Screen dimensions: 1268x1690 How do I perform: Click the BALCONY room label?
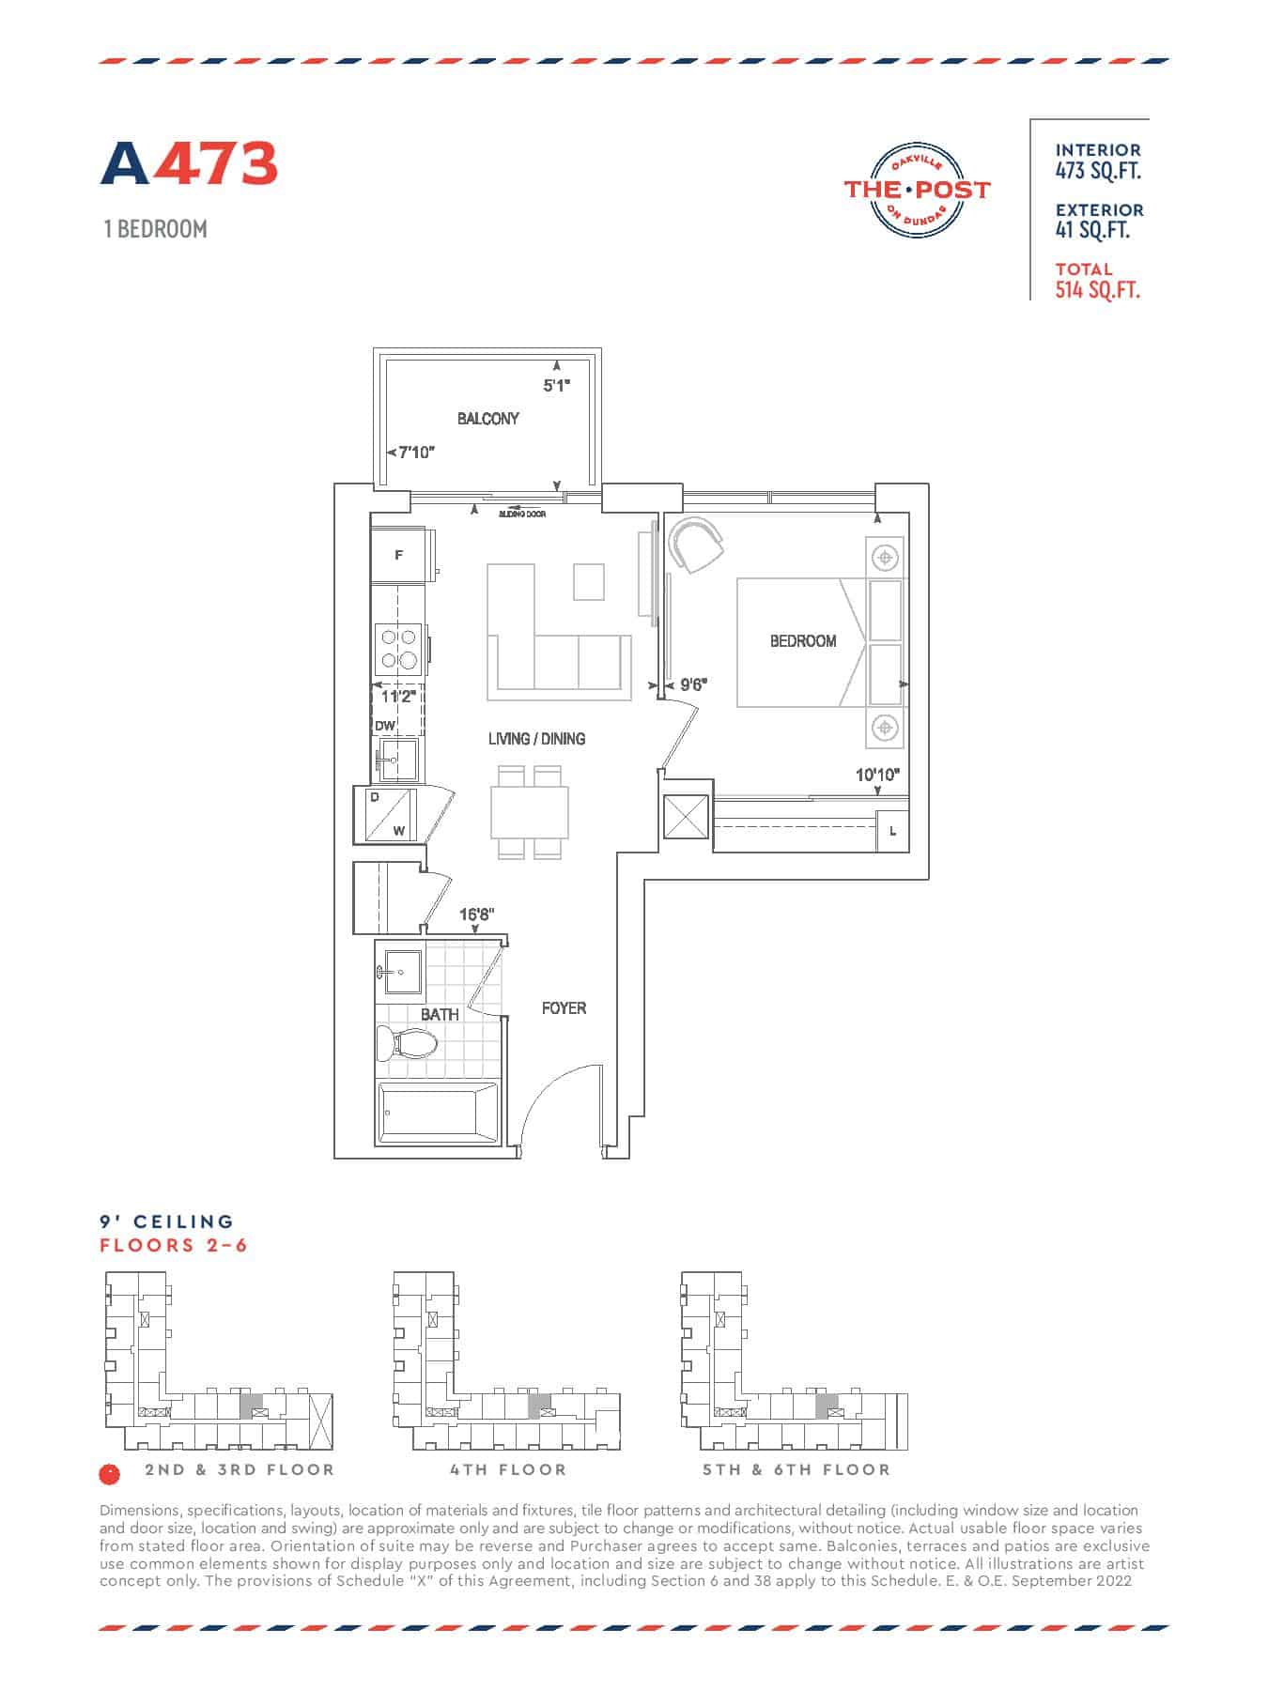click(x=487, y=419)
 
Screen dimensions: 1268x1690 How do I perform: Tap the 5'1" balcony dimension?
click(x=557, y=385)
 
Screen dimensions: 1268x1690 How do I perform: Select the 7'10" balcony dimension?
click(x=416, y=453)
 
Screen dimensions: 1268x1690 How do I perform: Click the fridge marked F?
click(x=398, y=556)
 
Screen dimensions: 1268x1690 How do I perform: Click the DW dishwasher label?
click(x=385, y=726)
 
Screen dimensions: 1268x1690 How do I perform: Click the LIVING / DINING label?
click(x=536, y=739)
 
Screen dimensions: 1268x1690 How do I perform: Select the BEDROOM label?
click(x=803, y=641)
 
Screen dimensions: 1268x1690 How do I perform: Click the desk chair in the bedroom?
click(x=696, y=544)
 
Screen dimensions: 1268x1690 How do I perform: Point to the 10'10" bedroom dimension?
click(x=877, y=775)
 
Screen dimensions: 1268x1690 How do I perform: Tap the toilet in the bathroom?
click(x=407, y=1043)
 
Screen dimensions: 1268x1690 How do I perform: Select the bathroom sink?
click(x=400, y=972)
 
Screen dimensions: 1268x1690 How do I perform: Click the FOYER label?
click(x=564, y=1008)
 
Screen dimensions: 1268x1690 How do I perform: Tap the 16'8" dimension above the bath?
click(x=476, y=914)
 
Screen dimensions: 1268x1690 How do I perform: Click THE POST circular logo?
click(x=917, y=190)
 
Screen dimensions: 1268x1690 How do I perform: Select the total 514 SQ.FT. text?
click(x=1097, y=290)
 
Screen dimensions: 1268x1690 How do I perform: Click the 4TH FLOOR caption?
click(x=508, y=1469)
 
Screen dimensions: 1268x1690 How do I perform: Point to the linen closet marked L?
click(x=892, y=831)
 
